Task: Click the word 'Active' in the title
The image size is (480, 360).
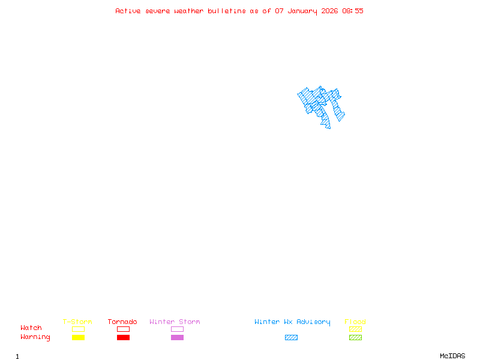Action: coord(128,11)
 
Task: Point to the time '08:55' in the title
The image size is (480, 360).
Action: coord(353,11)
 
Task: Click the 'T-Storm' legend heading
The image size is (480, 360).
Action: coord(77,322)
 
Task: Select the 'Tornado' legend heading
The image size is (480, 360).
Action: coord(122,322)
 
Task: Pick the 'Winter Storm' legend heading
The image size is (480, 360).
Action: coord(175,322)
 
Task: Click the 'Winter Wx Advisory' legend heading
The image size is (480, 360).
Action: coord(292,322)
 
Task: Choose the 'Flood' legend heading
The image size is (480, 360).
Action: coord(355,322)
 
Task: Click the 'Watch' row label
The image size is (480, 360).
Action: coord(31,328)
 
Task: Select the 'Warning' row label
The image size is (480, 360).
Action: coord(35,337)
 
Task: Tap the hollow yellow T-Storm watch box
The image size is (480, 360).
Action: coord(78,329)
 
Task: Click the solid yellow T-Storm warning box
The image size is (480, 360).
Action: coord(78,337)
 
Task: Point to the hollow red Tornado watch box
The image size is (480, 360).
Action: coord(123,329)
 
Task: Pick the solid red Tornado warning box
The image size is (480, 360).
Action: coord(123,337)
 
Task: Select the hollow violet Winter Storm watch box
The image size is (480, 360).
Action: coord(177,329)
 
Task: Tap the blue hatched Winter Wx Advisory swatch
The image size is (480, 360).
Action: coord(291,337)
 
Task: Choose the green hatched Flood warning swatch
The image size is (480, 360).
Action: coord(355,337)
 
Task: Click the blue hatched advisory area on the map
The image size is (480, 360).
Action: coord(320,105)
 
